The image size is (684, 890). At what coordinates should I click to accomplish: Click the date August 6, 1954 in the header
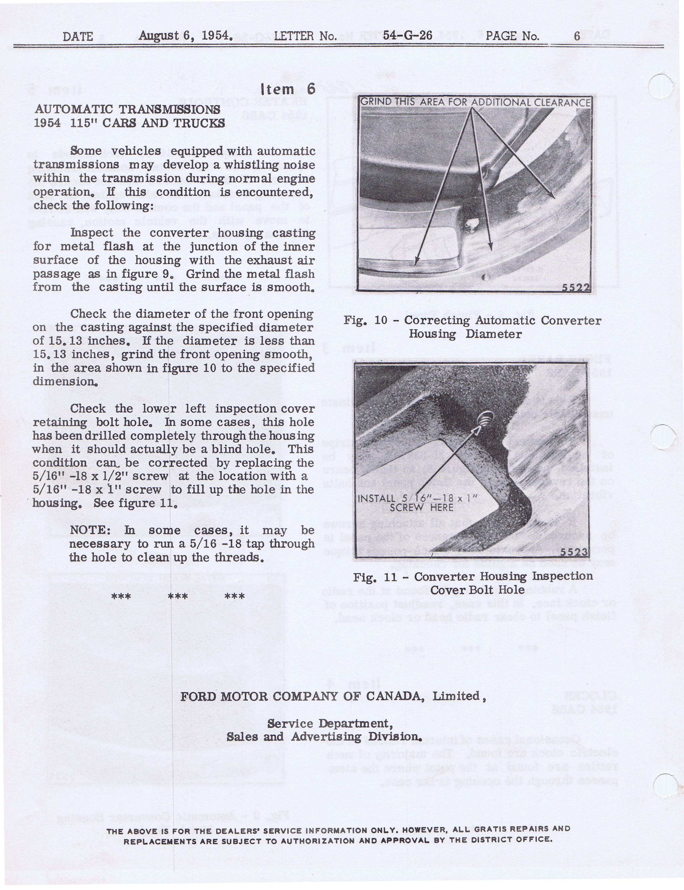coord(185,36)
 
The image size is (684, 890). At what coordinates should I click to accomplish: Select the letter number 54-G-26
coord(407,36)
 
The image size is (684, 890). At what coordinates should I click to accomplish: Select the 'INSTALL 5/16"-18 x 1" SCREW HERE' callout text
coord(417,503)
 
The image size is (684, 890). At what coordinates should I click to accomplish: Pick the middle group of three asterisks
coord(178,597)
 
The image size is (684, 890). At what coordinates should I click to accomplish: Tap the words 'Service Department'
coord(330,724)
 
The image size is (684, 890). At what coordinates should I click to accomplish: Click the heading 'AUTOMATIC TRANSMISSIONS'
coord(127,109)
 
